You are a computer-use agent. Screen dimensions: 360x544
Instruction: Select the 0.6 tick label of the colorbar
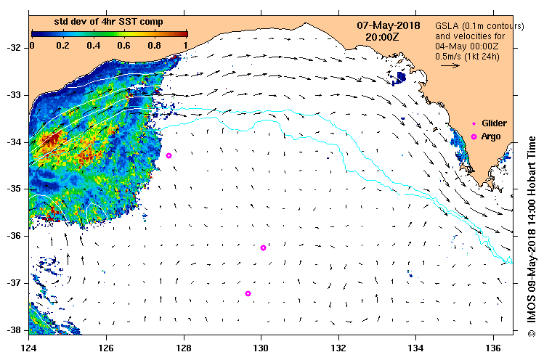tap(123, 46)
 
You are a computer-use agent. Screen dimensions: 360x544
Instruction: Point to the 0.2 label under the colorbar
tap(62, 46)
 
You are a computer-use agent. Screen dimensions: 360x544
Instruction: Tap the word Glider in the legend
tap(494, 123)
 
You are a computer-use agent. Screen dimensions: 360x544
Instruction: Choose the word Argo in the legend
tap(491, 136)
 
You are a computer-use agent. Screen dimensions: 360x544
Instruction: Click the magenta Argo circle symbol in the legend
tap(474, 136)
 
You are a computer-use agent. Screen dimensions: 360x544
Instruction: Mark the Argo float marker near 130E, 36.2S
tap(263, 247)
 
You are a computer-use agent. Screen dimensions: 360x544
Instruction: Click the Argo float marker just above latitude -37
tap(248, 293)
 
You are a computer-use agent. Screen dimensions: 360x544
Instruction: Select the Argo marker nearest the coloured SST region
tap(169, 155)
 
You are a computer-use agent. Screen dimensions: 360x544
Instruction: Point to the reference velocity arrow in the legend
tap(450, 65)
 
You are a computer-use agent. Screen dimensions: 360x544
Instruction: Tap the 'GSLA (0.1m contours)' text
tap(479, 25)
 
